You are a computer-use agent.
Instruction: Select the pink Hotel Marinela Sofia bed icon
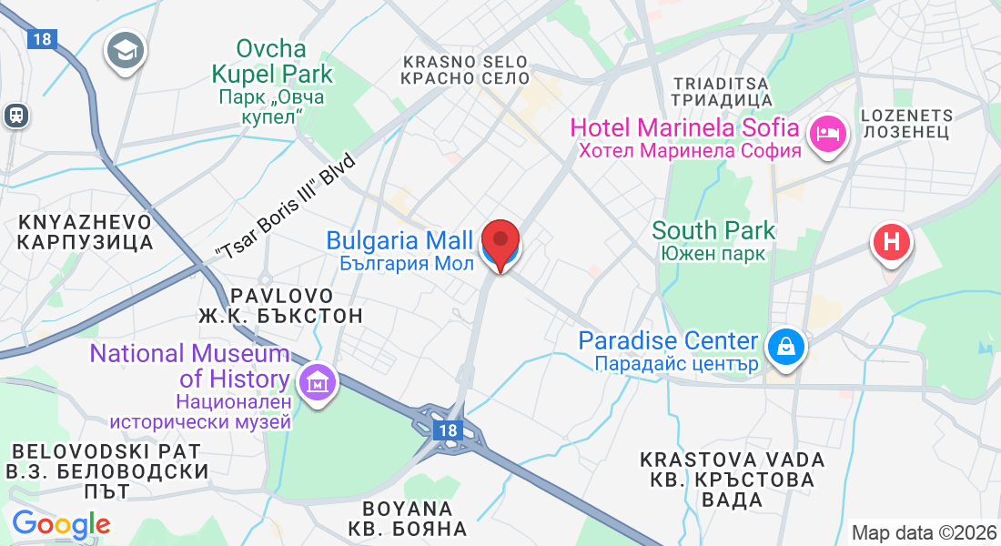click(x=828, y=134)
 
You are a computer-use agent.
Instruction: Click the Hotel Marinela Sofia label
click(x=685, y=137)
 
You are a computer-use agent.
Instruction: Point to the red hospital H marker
click(x=892, y=242)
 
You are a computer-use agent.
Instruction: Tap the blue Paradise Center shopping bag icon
click(x=784, y=345)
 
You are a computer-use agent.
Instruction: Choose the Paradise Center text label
click(x=669, y=351)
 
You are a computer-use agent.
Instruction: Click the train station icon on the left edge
click(x=15, y=115)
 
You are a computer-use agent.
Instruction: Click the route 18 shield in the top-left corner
click(x=40, y=39)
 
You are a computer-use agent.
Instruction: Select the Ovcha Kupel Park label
click(x=272, y=83)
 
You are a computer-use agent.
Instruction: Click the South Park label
click(x=713, y=240)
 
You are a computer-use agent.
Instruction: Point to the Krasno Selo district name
click(x=466, y=70)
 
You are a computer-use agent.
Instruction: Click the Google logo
click(x=61, y=524)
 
